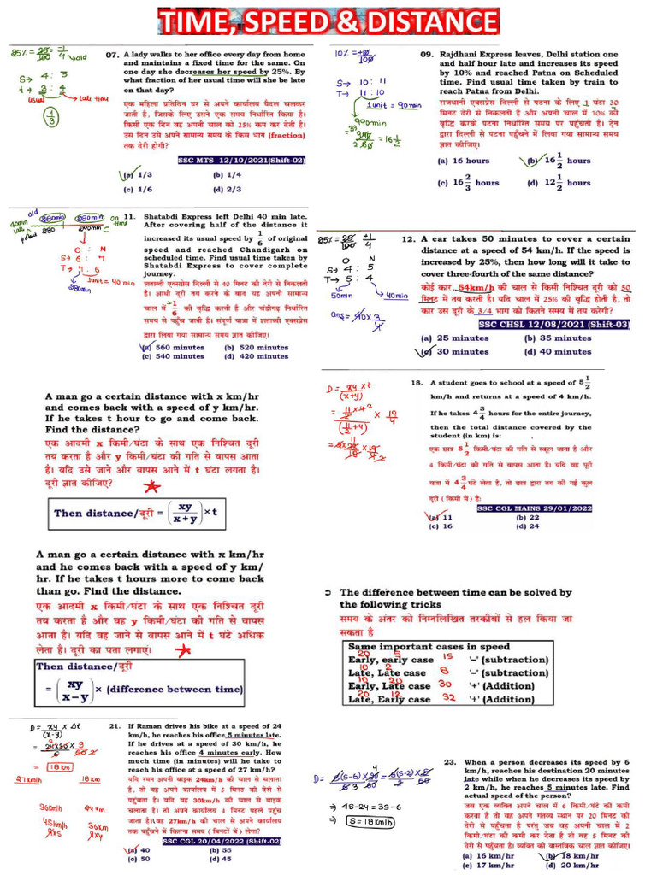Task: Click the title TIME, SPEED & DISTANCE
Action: point(328,21)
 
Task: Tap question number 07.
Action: point(112,54)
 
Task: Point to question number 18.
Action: point(417,383)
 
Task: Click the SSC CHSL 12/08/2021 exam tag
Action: point(554,324)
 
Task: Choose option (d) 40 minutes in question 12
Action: point(557,351)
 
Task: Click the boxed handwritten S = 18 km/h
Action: point(370,820)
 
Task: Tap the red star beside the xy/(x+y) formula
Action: point(152,488)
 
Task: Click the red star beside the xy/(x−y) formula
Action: point(181,651)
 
